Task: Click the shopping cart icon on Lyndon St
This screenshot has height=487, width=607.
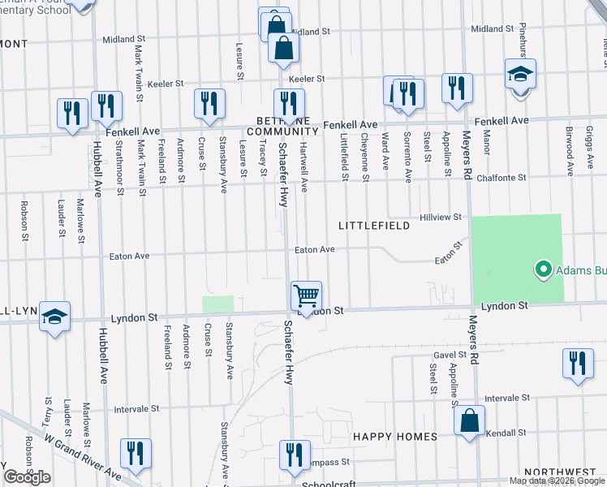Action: click(x=307, y=296)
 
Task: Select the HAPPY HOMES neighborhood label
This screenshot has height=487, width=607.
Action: click(x=395, y=437)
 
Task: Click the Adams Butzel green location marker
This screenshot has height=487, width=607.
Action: click(x=543, y=269)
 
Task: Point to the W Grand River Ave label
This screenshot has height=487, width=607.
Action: click(x=83, y=456)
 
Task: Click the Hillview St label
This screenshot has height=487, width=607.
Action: click(x=441, y=218)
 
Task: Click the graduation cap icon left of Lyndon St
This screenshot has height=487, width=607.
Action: click(x=54, y=317)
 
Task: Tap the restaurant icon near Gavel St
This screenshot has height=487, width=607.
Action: click(x=578, y=364)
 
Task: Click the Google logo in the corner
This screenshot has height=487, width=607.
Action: click(x=27, y=477)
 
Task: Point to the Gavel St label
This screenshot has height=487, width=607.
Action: click(x=450, y=355)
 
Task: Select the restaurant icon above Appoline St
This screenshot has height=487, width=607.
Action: click(x=457, y=89)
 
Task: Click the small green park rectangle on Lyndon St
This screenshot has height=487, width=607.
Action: click(x=217, y=304)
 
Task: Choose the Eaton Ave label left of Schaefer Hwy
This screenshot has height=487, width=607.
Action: click(x=130, y=256)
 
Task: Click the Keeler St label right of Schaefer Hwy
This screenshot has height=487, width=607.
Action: click(x=307, y=79)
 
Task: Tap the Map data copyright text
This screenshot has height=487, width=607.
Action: click(x=557, y=481)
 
